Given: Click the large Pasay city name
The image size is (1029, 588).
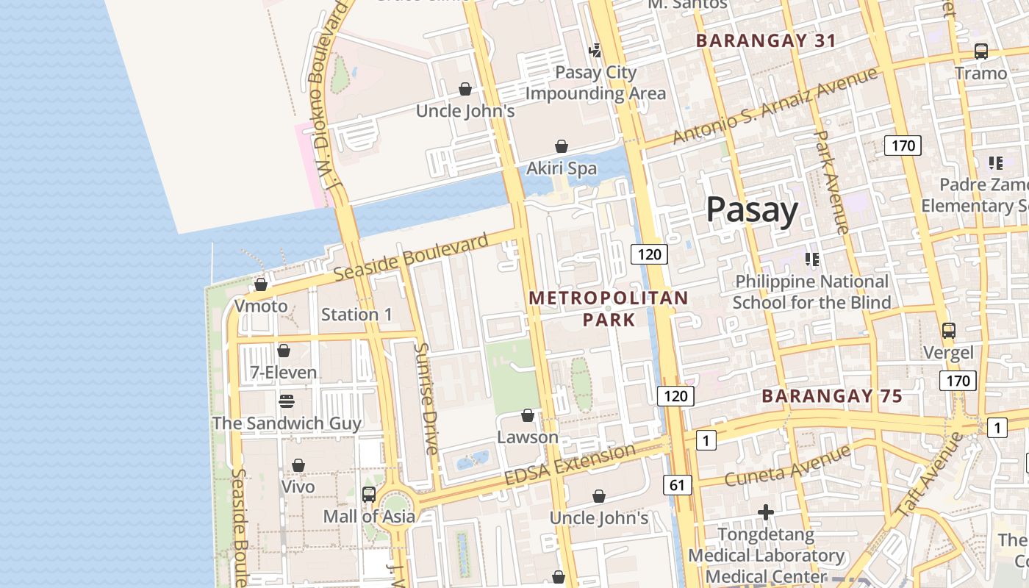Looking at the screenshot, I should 752,210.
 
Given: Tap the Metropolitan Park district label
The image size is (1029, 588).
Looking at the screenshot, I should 609,309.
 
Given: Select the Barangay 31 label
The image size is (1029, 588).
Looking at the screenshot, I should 766,40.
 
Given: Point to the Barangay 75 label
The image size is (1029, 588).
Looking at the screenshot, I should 832,396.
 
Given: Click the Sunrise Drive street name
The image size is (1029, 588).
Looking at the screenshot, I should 426,398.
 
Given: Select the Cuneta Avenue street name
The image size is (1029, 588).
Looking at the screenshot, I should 787,465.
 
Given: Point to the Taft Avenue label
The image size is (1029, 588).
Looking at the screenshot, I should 931,474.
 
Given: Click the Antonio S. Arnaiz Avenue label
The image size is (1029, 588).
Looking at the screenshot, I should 775,105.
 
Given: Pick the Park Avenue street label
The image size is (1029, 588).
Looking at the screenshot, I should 833,182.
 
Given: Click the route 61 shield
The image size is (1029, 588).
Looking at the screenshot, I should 677,484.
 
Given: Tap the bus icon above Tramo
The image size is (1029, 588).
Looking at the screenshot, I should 980,51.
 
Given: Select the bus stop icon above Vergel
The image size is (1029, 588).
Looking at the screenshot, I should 949,331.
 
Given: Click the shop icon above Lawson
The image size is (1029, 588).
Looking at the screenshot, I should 527,416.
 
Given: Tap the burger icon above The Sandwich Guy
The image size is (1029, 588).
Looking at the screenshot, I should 286,401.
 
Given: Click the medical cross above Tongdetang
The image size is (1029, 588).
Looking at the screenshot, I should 766,512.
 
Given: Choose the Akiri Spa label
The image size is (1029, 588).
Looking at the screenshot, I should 562,168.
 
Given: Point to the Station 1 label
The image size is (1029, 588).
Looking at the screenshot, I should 356,315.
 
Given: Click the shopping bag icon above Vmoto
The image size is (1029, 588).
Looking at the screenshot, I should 260,284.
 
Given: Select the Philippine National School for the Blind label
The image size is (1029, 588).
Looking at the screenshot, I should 811,292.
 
